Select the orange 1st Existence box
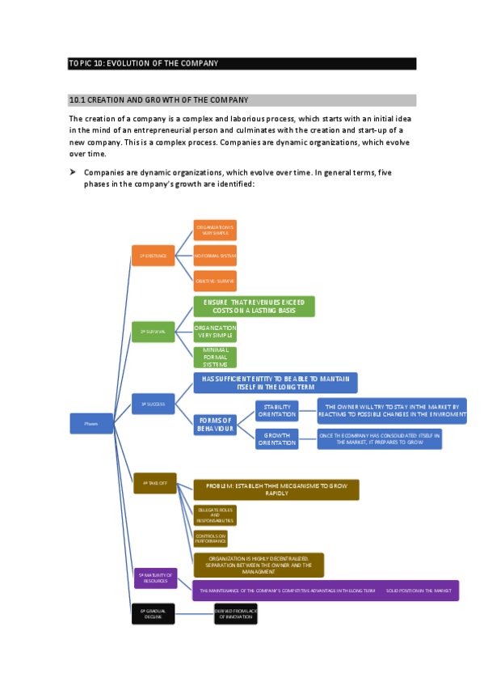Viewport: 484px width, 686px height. (153, 255)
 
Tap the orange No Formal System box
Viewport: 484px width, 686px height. (215, 256)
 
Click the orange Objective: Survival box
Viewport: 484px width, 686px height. (215, 281)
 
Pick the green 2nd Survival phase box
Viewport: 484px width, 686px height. (153, 332)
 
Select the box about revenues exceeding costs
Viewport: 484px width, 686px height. (254, 307)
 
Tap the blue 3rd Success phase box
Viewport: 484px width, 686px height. (153, 403)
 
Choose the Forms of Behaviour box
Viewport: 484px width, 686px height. (216, 425)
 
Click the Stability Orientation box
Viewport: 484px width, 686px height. (276, 411)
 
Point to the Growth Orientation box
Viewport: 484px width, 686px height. (276, 439)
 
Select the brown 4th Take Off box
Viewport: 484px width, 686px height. (154, 483)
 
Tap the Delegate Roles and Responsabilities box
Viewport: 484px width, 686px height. (215, 515)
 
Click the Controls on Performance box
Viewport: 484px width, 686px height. (210, 538)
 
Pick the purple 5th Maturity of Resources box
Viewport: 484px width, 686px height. (154, 578)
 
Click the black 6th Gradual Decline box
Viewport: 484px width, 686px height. (153, 614)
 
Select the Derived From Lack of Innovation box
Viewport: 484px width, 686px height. (235, 614)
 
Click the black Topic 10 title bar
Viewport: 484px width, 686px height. (242, 63)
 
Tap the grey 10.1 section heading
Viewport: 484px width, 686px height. (242, 100)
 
